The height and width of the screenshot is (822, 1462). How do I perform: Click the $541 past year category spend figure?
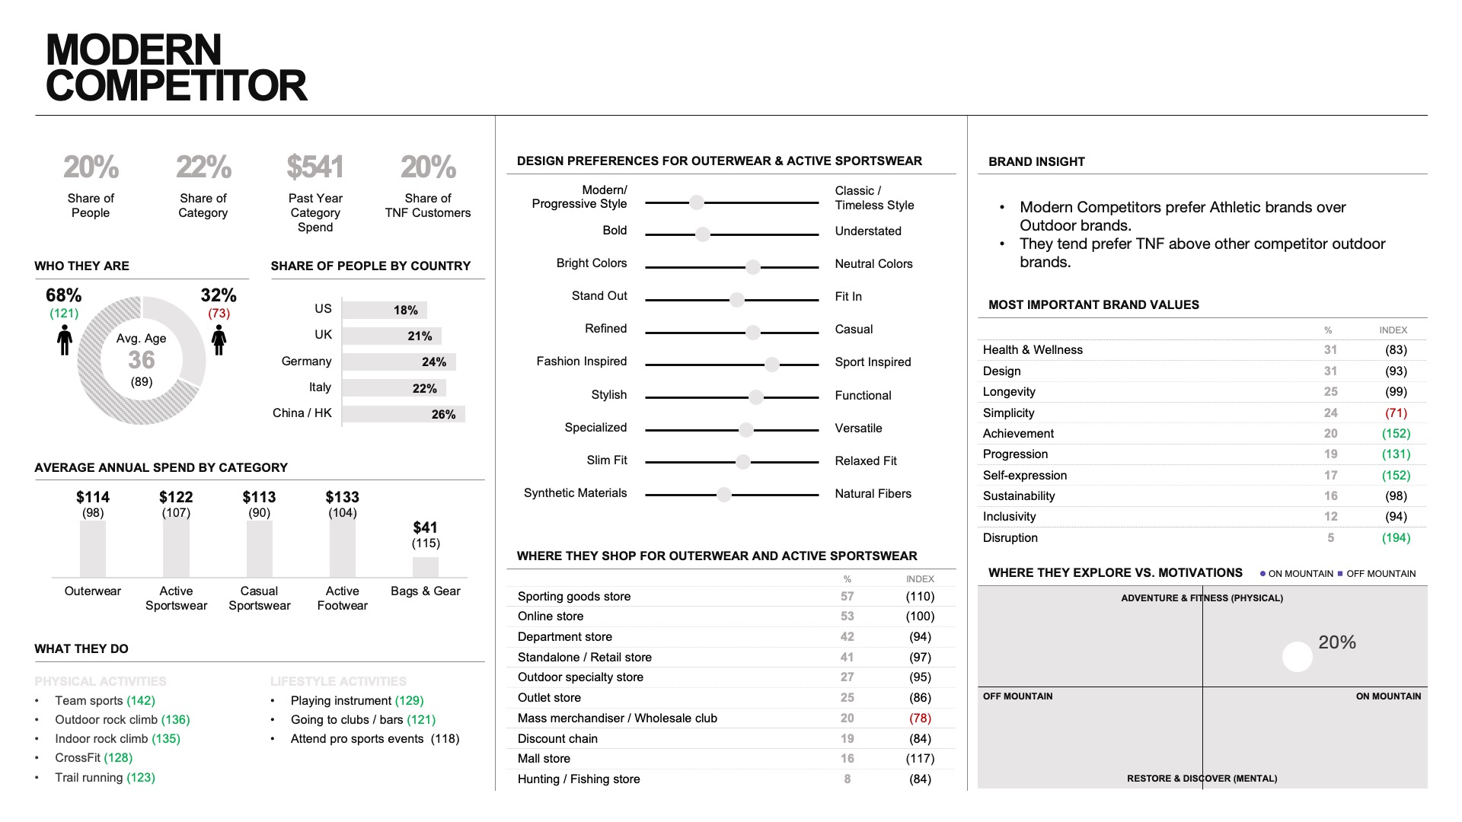[315, 167]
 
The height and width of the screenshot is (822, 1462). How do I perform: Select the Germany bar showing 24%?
[399, 362]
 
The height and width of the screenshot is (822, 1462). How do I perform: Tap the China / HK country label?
[302, 413]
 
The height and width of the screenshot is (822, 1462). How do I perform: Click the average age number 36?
[142, 360]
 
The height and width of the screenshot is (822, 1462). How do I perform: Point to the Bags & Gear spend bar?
[426, 567]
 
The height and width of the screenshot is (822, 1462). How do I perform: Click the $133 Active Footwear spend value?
[342, 497]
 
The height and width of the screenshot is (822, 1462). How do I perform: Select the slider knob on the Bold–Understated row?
[703, 234]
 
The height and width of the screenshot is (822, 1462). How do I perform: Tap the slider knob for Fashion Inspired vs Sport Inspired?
[772, 365]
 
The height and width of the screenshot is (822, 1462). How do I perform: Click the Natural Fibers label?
[873, 493]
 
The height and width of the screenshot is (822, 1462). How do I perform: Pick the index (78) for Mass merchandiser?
[920, 718]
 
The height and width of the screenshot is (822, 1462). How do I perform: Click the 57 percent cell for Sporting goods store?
[847, 596]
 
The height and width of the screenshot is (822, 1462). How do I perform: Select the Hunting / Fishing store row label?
[579, 779]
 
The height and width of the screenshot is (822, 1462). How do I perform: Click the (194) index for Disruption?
[1396, 537]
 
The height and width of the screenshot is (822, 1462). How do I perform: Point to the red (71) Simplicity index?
[1396, 413]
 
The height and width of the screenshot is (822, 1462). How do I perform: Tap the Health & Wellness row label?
[1033, 349]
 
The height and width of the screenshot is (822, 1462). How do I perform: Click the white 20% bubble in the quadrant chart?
[1297, 657]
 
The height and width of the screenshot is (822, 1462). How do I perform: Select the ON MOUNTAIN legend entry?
[1297, 574]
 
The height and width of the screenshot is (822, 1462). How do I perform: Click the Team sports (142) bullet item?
[104, 700]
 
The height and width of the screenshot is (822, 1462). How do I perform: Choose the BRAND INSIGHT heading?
[1036, 161]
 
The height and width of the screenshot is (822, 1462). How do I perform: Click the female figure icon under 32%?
[219, 339]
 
